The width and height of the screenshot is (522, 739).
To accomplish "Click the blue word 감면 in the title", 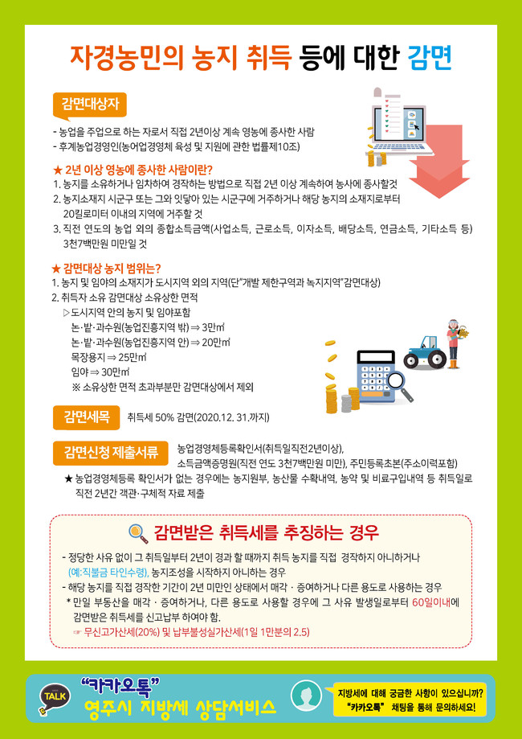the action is (430, 58).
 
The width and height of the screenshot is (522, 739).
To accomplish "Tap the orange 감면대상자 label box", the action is (90, 105).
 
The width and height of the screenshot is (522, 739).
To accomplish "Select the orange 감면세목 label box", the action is (87, 417).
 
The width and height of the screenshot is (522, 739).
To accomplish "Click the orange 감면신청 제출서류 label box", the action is (111, 454).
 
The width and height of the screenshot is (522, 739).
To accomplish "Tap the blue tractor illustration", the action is (424, 352).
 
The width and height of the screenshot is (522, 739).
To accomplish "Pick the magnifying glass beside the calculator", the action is (401, 384).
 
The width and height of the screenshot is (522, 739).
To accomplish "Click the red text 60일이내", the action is (430, 604).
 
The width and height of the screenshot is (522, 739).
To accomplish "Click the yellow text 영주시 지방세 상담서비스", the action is (178, 708).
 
